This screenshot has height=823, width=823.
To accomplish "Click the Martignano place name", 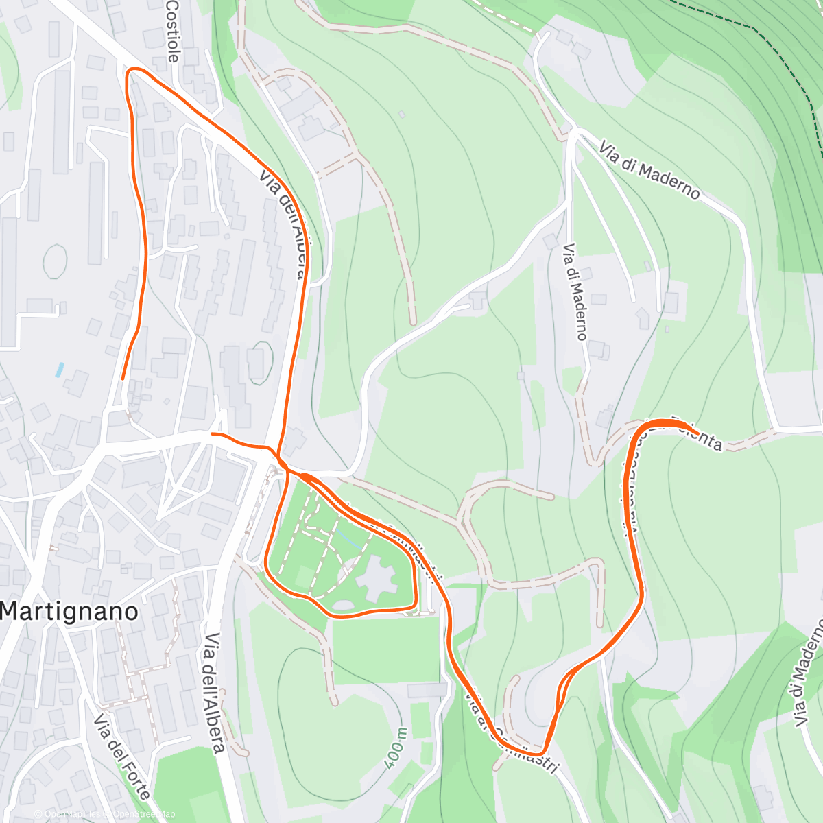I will (69, 611).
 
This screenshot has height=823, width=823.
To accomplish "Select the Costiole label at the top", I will (172, 31).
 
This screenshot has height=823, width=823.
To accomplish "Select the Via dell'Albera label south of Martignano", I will (215, 693).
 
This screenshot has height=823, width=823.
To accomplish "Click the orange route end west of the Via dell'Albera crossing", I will (212, 434).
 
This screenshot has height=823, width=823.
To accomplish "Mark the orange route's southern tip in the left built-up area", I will (123, 378).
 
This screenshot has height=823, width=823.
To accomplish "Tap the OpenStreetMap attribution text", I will (144, 814).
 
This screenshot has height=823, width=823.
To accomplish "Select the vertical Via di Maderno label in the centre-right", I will (575, 292).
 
